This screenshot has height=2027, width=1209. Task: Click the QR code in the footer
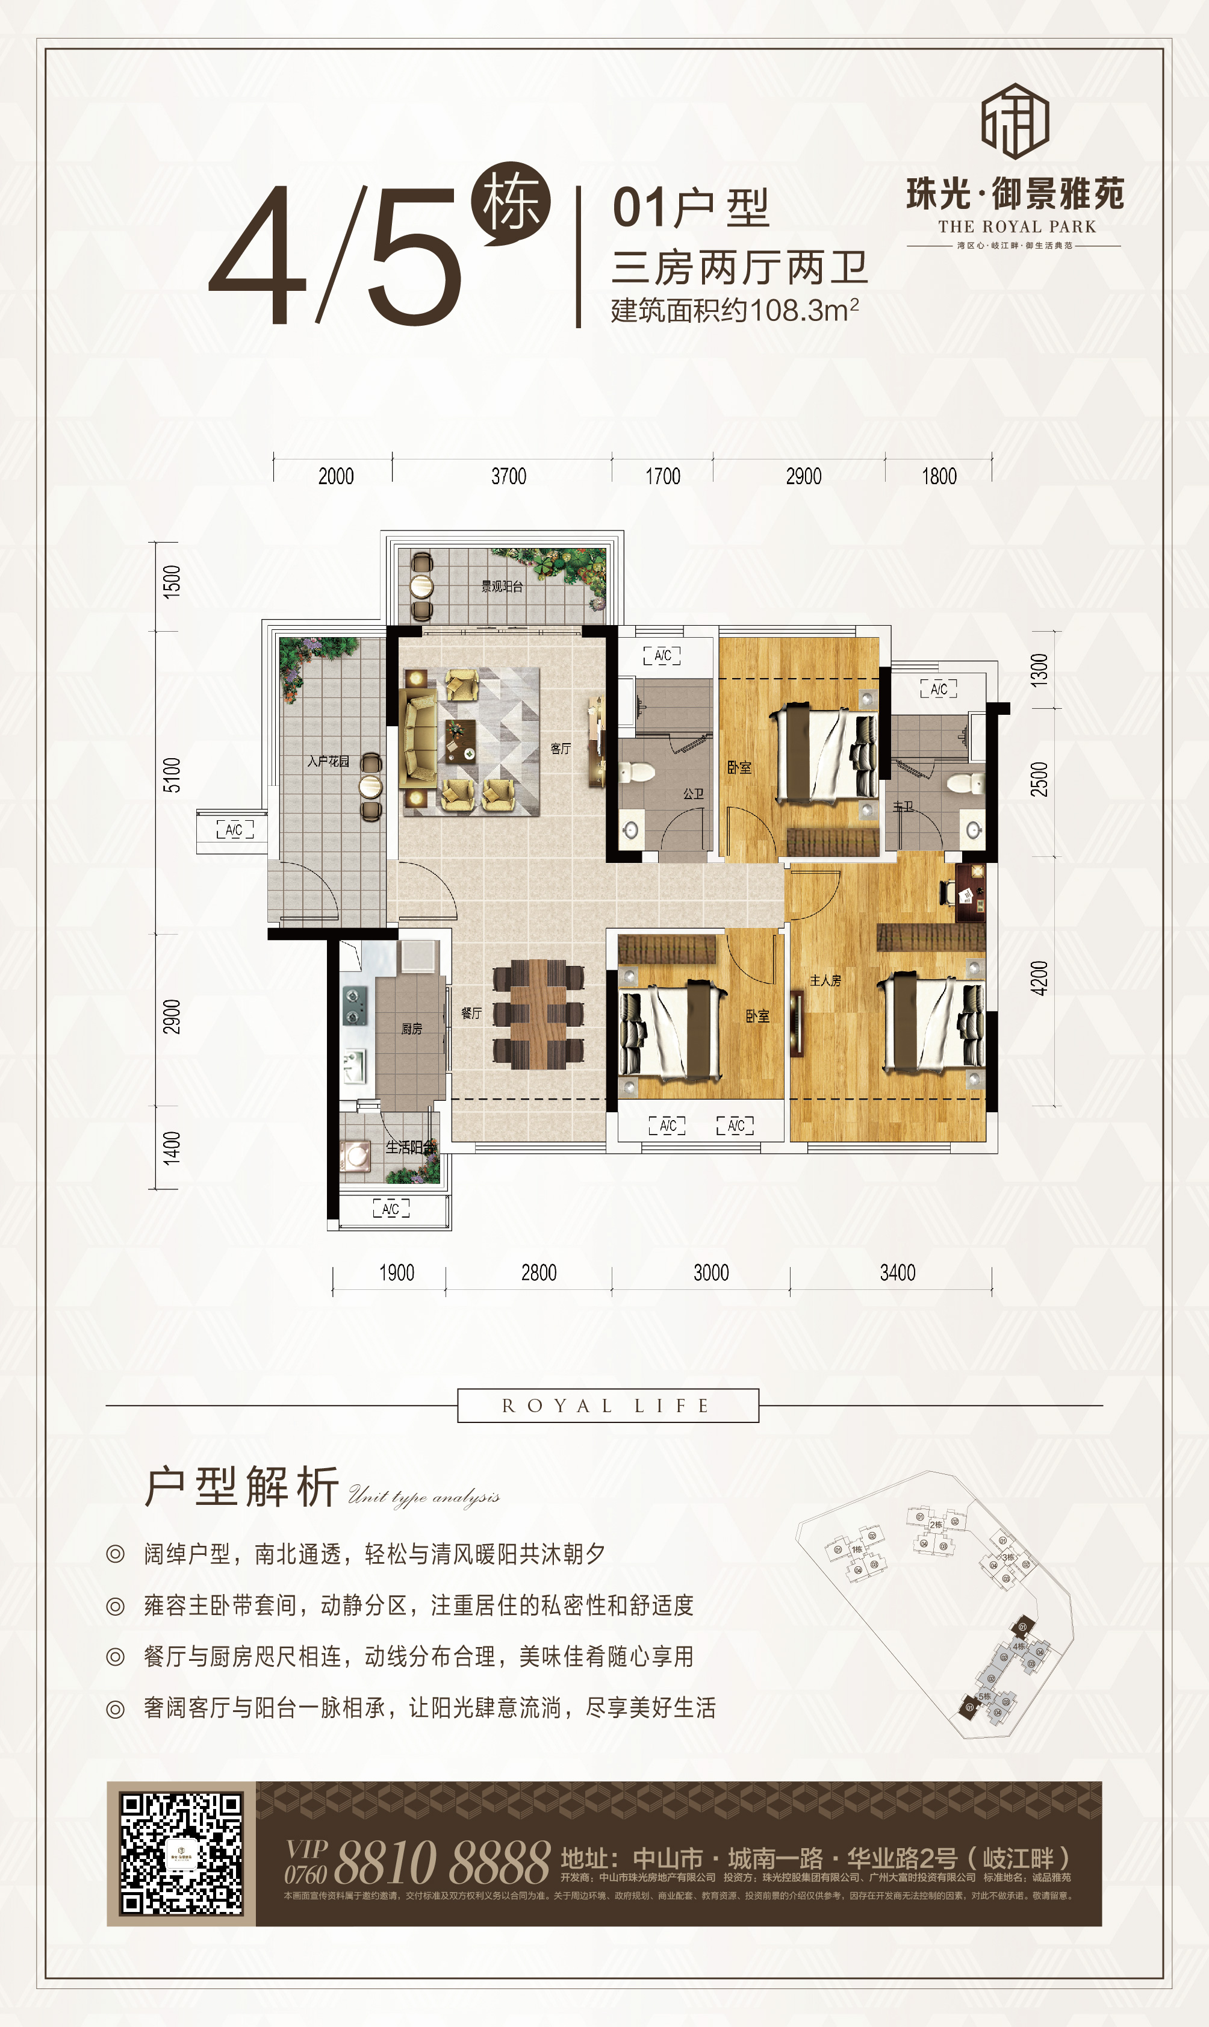tap(181, 1852)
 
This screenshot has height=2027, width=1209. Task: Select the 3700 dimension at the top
tap(508, 476)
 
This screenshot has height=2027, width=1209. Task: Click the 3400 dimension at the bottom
tap(897, 1272)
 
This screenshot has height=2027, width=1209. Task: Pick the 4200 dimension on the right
tap(1039, 977)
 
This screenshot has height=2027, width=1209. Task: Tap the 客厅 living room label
tap(561, 748)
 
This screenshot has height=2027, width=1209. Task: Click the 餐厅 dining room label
tap(471, 1013)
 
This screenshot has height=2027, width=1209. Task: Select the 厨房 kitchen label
tap(411, 1029)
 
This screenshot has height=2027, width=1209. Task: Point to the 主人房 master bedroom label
tap(825, 980)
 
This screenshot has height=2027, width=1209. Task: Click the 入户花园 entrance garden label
tap(328, 761)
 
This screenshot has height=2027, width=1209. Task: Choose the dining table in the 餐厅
tap(538, 1014)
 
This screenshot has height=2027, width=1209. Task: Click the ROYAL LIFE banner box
tap(608, 1406)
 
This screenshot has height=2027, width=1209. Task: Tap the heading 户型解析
tap(242, 1486)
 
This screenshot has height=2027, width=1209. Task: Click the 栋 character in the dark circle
tap(511, 202)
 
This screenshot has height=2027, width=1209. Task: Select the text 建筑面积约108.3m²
tap(735, 310)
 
